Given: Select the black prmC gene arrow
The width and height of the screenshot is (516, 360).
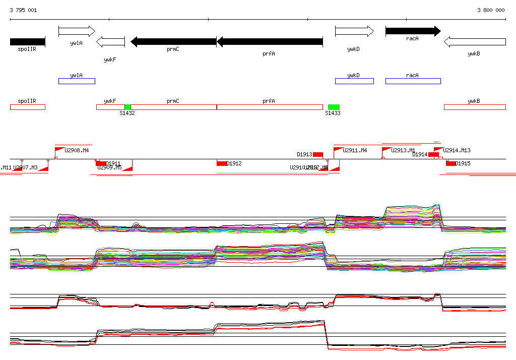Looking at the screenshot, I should coord(173,41).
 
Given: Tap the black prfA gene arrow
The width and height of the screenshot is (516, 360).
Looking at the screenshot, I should coord(270,42).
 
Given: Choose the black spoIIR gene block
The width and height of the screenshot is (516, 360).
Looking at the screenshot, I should coord(27,42).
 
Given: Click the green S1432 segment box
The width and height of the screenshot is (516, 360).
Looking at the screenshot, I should coord(127,107).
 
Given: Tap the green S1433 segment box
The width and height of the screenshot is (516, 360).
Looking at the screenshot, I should coord(334,107).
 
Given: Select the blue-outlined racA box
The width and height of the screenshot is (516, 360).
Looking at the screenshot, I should coord(413,81).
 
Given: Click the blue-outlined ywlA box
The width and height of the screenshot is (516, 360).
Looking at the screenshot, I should coord(77,81).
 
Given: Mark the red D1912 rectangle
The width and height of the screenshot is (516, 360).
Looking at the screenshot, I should coord(222,163).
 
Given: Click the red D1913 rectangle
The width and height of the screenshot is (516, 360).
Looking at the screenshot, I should coord(318,154).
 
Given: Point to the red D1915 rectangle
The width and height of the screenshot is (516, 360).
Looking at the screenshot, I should coord(451,163).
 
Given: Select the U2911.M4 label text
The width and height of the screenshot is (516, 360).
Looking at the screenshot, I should coord(355,150).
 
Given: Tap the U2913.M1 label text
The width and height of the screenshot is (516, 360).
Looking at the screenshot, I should coord(403,150).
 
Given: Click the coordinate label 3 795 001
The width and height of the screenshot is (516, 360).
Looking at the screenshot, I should coord(23,10).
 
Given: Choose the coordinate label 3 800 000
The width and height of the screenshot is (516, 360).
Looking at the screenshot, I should coord(491,10).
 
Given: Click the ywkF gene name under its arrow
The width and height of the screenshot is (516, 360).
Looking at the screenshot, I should coord(110,59).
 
